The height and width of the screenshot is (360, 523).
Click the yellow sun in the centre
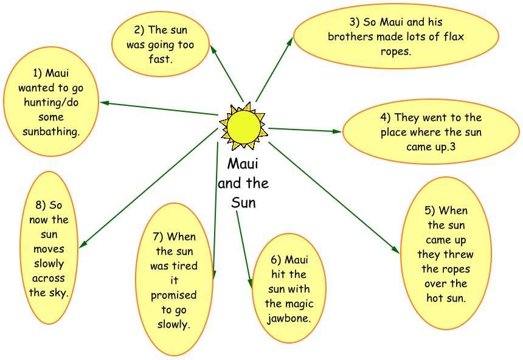[x=243, y=126]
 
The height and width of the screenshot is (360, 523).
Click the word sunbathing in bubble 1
[x=51, y=131]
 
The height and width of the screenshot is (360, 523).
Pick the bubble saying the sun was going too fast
[x=161, y=44]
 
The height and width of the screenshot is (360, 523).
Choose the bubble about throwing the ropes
[x=446, y=254]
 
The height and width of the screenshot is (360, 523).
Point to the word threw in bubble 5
[x=459, y=254]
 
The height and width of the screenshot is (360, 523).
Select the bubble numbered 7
[x=173, y=280]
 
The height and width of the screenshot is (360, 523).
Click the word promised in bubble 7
[x=173, y=295]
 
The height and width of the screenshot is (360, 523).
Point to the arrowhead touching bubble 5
[x=396, y=250]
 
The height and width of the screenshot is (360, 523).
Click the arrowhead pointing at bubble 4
[x=338, y=131]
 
